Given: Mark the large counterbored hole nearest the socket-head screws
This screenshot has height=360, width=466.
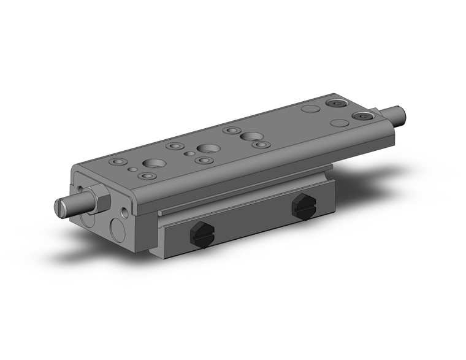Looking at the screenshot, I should [250, 136].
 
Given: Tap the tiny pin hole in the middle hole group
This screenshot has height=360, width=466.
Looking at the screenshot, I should [189, 153].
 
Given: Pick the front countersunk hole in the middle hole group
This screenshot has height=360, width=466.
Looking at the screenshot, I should [204, 161].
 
